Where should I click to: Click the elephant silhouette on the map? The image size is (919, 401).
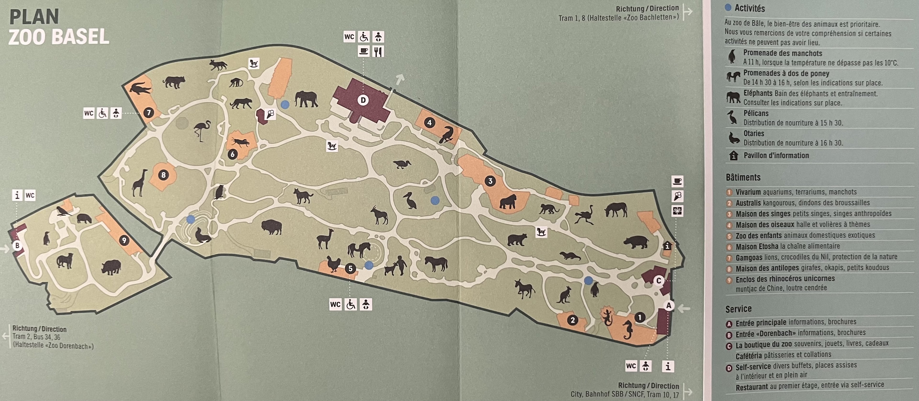click(306, 99)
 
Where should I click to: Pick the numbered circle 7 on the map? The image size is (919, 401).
click(148, 113)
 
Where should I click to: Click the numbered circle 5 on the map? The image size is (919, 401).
click(350, 269)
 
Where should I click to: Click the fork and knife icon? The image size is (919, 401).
click(378, 52)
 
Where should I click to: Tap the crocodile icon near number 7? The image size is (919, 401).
click(140, 88)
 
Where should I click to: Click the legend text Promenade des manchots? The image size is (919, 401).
click(782, 53)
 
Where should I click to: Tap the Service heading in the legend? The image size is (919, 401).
click(738, 309)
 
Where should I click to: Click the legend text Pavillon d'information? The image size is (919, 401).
click(776, 156)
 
